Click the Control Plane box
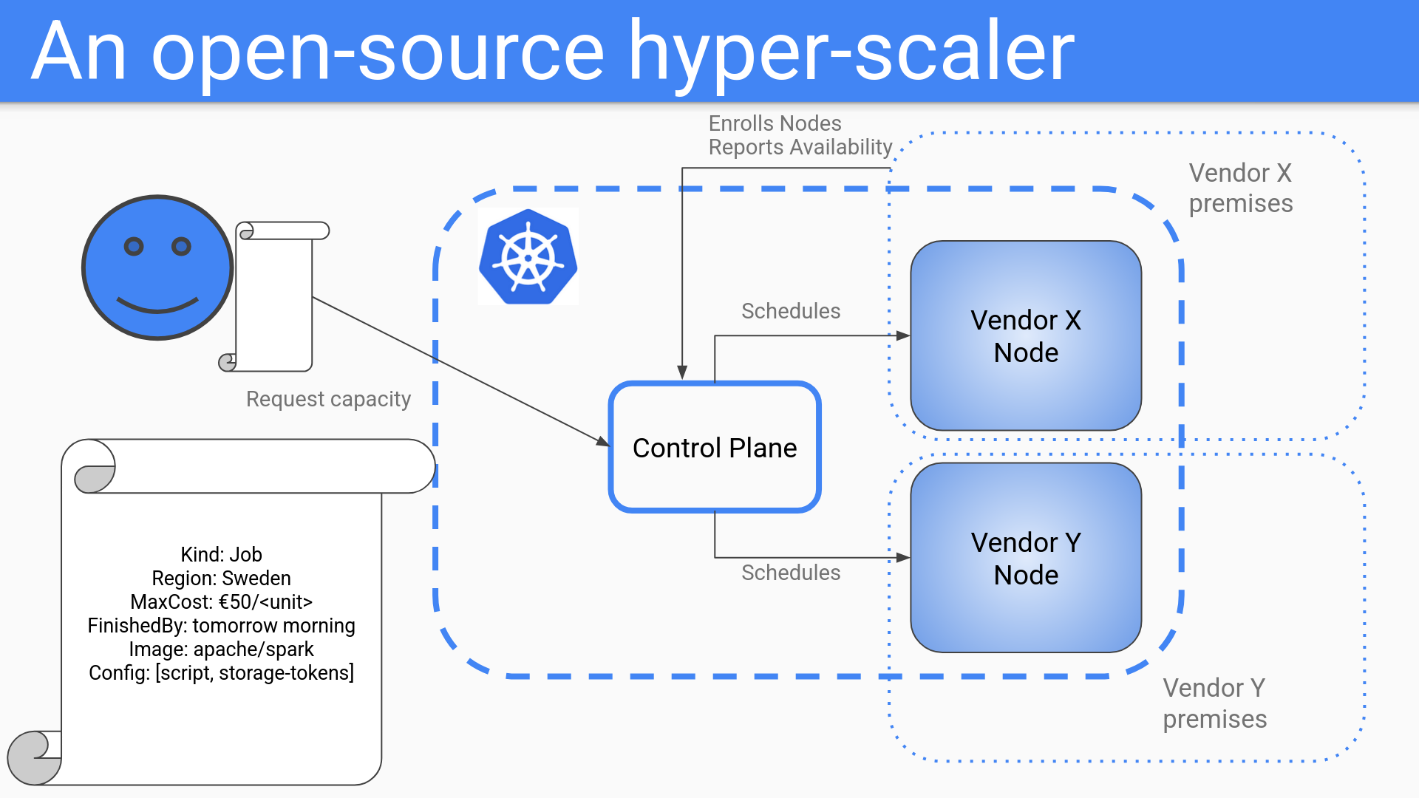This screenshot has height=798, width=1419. pyautogui.click(x=714, y=447)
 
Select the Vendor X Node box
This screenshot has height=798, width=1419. pyautogui.click(x=1025, y=336)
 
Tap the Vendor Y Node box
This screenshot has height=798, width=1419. pyautogui.click(x=1025, y=559)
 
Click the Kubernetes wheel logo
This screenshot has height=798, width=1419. pyautogui.click(x=528, y=257)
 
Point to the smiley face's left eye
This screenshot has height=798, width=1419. pyautogui.click(x=134, y=246)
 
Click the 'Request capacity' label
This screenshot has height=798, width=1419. pyautogui.click(x=328, y=399)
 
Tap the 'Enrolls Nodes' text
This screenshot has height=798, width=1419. pyautogui.click(x=775, y=123)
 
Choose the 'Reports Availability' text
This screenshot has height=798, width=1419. pyautogui.click(x=800, y=147)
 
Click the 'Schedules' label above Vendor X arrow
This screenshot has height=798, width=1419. pyautogui.click(x=791, y=311)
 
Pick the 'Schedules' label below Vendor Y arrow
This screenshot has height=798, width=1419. pyautogui.click(x=791, y=573)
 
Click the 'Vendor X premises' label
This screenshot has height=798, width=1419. pyautogui.click(x=1241, y=188)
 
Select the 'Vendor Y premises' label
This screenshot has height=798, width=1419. pyautogui.click(x=1215, y=703)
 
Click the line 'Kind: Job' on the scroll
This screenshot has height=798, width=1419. pyautogui.click(x=221, y=554)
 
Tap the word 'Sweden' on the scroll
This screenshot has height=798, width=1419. pyautogui.click(x=256, y=578)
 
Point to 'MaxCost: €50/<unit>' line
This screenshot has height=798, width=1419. pyautogui.click(x=221, y=601)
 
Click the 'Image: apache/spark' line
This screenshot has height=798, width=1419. pyautogui.click(x=221, y=649)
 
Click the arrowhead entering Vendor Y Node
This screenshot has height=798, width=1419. pyautogui.click(x=903, y=558)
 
